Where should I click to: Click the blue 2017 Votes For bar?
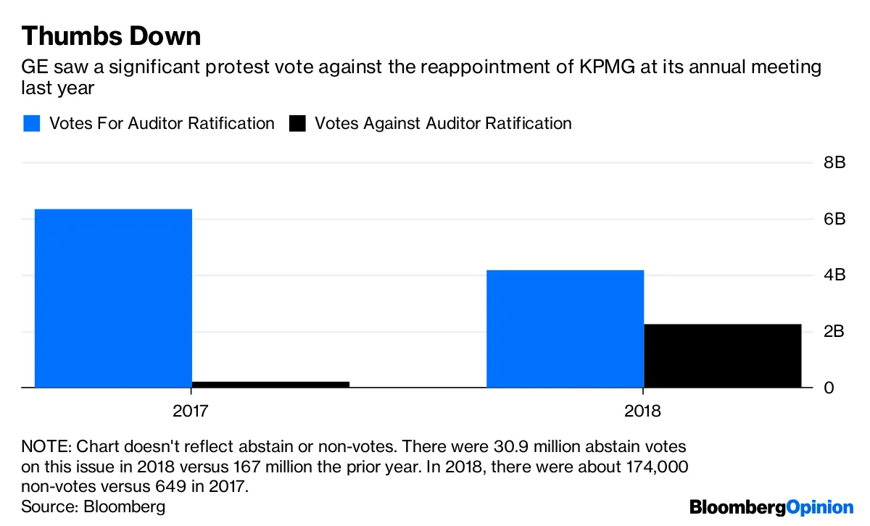pos(113,298)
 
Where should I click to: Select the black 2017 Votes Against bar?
pos(270,384)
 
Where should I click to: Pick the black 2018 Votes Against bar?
pos(722,355)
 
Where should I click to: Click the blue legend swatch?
pos(31,123)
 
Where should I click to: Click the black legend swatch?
pos(297,123)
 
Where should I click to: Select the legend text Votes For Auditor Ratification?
pos(162,123)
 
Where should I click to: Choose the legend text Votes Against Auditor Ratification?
pos(442,123)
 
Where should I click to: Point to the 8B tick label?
pos(834,163)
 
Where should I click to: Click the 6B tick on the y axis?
pos(834,220)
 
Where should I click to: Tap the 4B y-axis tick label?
pos(834,275)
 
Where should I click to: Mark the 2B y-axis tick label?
pos(834,332)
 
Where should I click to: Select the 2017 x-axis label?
pos(191,412)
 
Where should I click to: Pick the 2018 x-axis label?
pos(642,412)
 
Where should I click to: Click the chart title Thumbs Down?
pos(111,36)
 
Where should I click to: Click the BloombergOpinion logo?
pos(771,506)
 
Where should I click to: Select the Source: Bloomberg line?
pos(93,506)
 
